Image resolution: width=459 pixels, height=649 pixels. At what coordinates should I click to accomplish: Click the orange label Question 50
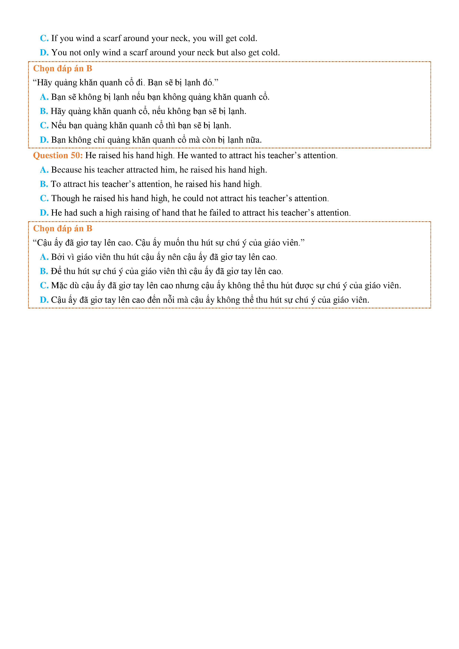58,155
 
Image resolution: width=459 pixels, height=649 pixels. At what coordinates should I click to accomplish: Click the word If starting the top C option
54,38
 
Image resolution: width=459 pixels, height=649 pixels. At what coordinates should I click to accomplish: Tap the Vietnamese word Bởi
58,257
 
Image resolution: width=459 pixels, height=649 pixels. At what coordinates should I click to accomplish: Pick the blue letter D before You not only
44,53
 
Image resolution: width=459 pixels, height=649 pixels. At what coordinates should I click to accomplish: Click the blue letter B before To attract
44,184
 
